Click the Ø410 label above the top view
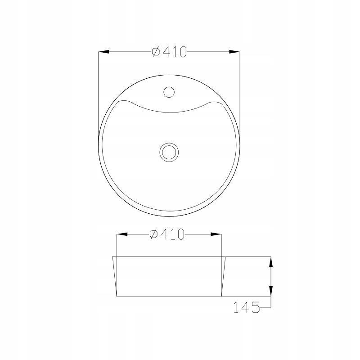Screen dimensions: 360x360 [169, 52]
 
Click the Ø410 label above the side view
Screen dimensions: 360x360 [167, 234]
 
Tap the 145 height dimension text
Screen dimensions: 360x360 [247, 307]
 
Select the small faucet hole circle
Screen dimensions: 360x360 [169, 92]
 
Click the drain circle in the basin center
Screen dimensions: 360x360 [169, 152]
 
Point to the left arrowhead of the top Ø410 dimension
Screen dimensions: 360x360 [103, 52]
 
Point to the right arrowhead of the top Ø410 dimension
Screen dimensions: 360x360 [234, 52]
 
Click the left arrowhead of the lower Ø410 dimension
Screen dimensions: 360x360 [122, 234]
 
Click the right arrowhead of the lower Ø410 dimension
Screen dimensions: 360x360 [216, 234]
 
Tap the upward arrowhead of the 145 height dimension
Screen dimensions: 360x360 [271, 262]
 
